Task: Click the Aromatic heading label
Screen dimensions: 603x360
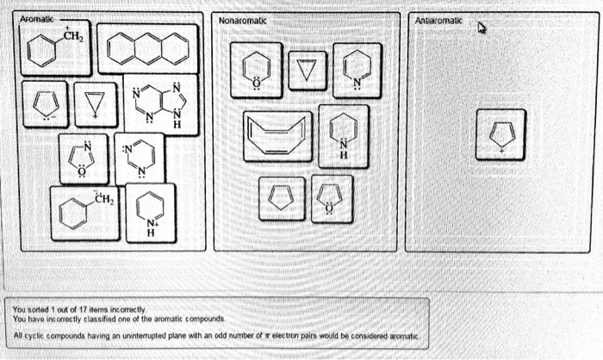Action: tap(36, 19)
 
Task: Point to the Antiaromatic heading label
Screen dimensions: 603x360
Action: tap(438, 20)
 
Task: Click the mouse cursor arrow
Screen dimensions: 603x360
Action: tap(482, 28)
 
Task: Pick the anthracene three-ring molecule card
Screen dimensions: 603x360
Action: tap(143, 48)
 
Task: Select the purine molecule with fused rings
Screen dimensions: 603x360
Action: tap(160, 104)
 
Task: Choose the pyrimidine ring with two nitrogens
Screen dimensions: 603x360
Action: tap(138, 158)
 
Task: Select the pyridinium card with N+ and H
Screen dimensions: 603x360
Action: tap(150, 212)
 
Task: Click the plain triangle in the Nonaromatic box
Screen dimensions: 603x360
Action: tap(302, 69)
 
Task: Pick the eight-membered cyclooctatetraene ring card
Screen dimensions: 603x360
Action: tap(277, 136)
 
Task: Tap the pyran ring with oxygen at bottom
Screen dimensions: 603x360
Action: tap(255, 70)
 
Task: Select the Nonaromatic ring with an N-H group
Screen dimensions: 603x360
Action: tap(343, 135)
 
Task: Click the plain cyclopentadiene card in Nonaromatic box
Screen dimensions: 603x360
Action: tap(281, 197)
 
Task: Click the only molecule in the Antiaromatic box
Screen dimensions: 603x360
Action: tap(500, 134)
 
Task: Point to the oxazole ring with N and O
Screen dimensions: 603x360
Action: tap(83, 158)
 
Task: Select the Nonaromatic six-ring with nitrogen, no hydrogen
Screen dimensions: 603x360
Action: tap(357, 69)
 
